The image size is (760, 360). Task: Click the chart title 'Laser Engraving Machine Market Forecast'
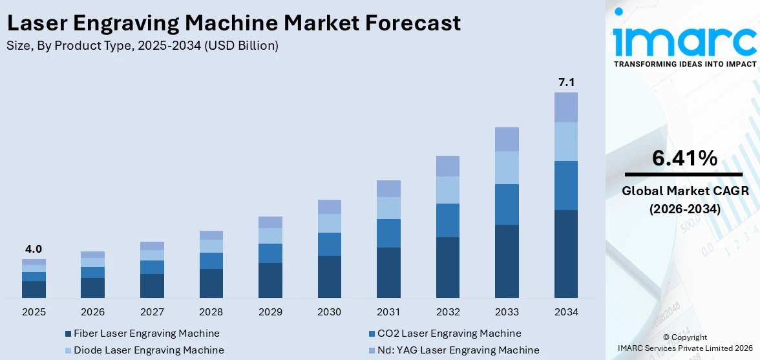[233, 23]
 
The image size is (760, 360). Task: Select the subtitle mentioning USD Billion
[142, 46]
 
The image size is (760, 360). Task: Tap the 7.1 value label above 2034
[566, 82]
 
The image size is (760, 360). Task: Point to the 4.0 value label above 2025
[34, 249]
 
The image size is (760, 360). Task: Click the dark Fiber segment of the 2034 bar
[566, 253]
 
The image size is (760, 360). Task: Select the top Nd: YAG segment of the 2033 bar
[507, 139]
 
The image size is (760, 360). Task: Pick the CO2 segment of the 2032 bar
[447, 220]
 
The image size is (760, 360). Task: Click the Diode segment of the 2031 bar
[388, 208]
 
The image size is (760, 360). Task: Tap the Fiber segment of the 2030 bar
[329, 277]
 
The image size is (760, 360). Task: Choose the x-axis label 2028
[211, 312]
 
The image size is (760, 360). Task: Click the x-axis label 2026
[93, 312]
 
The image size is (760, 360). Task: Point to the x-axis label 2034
[566, 312]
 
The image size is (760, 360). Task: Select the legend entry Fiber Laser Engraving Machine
[146, 334]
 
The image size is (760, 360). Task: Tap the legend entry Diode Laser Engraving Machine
[149, 350]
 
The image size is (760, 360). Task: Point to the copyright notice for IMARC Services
[684, 343]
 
